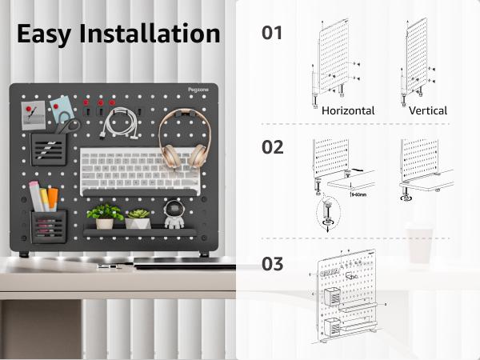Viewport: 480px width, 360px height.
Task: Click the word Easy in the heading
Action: [47, 34]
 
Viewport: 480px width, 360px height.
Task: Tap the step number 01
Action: [273, 33]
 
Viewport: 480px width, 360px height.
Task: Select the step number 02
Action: [273, 147]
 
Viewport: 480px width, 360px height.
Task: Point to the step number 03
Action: [273, 263]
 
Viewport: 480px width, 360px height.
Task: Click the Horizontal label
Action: [348, 111]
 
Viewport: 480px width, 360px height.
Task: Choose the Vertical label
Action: [428, 111]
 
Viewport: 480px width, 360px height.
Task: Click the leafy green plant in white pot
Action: [105, 215]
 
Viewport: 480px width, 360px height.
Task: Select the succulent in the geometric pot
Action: [138, 218]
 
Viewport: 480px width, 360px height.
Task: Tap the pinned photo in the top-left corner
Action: [34, 118]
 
